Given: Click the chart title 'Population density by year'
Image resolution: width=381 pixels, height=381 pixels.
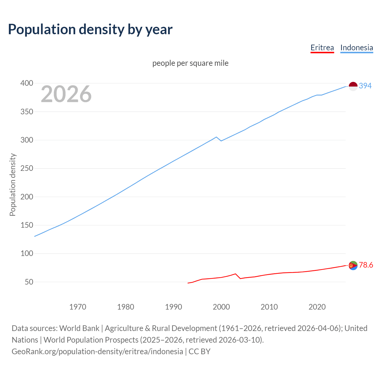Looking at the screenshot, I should click(90, 29).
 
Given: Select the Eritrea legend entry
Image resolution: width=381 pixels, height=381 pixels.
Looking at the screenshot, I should click(322, 48).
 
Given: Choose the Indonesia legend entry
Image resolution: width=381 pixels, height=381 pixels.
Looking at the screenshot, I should click(356, 48).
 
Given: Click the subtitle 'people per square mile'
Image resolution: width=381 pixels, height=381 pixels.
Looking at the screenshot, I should click(190, 63).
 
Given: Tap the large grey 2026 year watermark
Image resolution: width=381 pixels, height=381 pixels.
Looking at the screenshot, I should click(66, 94).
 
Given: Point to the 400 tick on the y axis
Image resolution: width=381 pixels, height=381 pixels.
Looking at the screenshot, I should click(26, 83).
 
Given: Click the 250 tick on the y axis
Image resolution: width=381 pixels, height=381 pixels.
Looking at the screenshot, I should click(26, 168).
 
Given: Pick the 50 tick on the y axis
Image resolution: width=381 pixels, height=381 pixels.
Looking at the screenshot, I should click(29, 282).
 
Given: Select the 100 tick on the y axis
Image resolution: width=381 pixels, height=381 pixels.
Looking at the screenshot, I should click(26, 254).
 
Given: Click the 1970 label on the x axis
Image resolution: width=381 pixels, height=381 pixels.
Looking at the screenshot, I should click(78, 307).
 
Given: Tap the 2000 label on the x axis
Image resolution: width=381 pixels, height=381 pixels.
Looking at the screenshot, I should click(221, 307).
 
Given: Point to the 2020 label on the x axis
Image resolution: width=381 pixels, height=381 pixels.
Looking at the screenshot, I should click(317, 307).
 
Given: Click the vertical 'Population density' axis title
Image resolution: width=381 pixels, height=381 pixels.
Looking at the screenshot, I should click(13, 185).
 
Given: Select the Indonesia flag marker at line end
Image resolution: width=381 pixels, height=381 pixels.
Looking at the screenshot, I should click(353, 86).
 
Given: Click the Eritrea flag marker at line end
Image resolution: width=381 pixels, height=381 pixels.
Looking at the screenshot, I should click(353, 265).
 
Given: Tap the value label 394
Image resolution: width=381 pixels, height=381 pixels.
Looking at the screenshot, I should click(365, 86).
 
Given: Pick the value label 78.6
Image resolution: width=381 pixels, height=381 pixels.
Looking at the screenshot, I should click(366, 265).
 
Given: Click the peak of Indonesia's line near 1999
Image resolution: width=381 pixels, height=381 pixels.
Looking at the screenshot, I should click(216, 137).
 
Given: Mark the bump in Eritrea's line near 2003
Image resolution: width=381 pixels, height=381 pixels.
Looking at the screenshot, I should click(235, 274).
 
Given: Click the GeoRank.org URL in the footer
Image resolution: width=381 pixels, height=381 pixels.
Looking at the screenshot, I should click(97, 352).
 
